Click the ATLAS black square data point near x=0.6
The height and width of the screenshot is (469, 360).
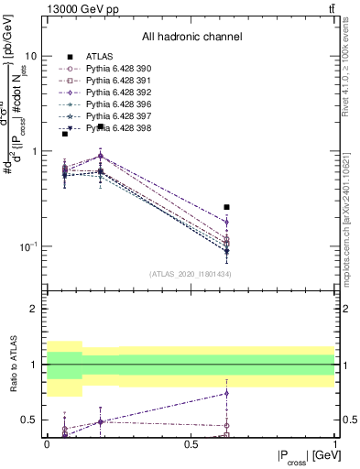pyautogui.click(x=226, y=207)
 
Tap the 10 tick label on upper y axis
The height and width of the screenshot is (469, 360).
pyautogui.click(x=30, y=55)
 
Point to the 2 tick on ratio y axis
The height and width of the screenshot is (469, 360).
pyautogui.click(x=36, y=309)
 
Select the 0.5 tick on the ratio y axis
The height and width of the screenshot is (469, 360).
pyautogui.click(x=31, y=420)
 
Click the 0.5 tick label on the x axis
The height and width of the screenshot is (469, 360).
pyautogui.click(x=191, y=443)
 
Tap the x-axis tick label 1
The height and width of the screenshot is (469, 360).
pyautogui.click(x=333, y=443)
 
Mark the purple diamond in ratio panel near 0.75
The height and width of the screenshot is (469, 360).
pyautogui.click(x=226, y=393)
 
